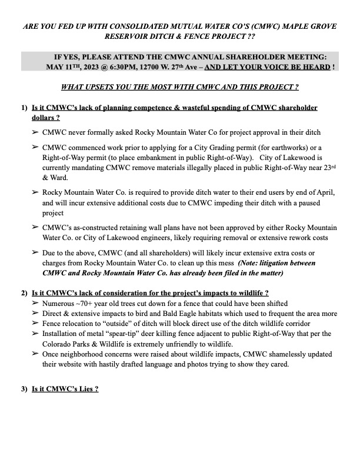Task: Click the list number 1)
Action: (24, 108)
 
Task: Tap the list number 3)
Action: (24, 390)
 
